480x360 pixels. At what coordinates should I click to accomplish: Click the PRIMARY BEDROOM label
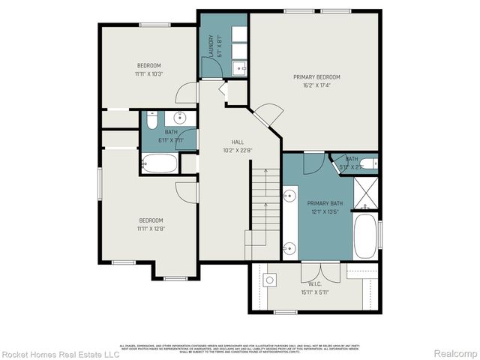point(316,77)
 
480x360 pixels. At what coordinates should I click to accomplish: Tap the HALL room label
point(237,141)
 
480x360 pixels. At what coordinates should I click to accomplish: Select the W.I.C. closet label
point(314,284)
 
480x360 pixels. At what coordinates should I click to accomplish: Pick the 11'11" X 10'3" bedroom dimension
point(149,73)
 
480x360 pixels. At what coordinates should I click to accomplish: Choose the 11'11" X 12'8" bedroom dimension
point(150,228)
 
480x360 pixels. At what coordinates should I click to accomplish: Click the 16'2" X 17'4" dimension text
point(316,85)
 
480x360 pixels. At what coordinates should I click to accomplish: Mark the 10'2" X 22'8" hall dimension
point(237,149)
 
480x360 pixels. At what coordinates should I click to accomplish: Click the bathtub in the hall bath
point(159,163)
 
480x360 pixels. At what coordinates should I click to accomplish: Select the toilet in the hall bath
point(151,120)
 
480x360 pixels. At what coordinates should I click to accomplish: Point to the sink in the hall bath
point(180,118)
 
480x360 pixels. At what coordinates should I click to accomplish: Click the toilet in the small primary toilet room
point(368,164)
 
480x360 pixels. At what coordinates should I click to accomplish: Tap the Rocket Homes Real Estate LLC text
point(60,353)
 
